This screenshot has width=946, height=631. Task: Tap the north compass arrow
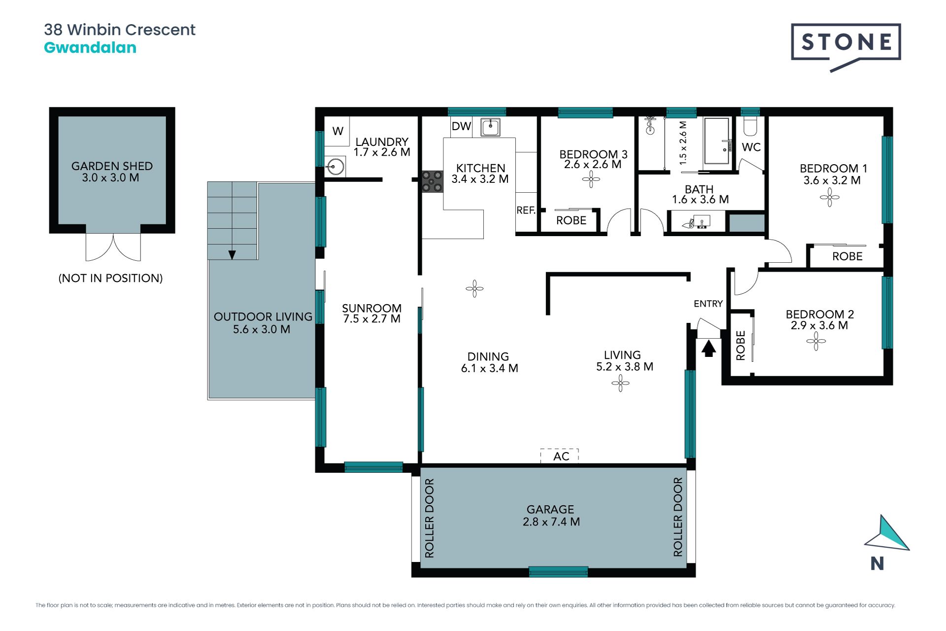point(887,534)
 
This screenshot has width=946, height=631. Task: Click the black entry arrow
point(709,349)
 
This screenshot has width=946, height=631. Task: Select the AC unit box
point(559,456)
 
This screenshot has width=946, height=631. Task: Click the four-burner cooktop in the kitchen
point(432,181)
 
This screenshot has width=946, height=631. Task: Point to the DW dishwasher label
point(461,126)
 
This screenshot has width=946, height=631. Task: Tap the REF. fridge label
point(526,210)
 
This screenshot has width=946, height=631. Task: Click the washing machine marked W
point(338,131)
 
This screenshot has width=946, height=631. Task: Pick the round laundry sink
point(335,167)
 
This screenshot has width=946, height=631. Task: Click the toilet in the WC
point(750,127)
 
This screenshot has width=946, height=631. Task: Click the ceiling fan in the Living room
point(620,383)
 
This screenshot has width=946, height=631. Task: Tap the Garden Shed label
point(112,172)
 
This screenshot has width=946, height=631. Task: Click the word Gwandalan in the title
point(90,48)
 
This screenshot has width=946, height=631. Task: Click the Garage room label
point(551,516)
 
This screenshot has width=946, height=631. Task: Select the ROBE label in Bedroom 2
point(741,346)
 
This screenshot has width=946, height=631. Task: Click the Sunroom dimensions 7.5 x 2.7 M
point(372,319)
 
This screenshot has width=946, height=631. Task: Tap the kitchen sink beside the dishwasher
point(490,127)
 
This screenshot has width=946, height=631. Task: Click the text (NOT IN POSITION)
point(110,278)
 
